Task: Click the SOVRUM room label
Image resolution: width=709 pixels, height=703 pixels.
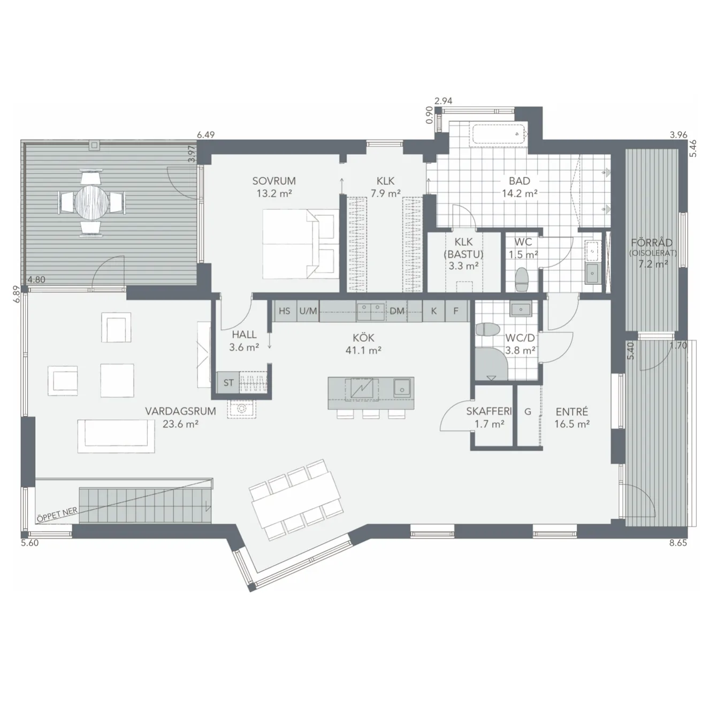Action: point(274,181)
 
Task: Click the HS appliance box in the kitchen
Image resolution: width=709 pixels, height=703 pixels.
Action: point(285,311)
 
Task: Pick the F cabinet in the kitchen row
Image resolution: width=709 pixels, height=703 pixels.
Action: point(456,311)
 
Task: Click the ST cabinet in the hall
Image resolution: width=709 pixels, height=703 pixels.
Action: point(228,383)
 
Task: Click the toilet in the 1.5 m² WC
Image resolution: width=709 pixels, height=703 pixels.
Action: point(522,279)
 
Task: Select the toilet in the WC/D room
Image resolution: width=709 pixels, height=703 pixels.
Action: point(487,329)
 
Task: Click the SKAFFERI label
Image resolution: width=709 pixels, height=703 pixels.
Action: point(489,411)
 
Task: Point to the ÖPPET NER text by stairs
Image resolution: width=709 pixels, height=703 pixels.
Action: point(57,515)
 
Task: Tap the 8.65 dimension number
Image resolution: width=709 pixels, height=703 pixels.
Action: point(678,543)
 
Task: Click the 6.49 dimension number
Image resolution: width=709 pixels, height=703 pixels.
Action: point(205,135)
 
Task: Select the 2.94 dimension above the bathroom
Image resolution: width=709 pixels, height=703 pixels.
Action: point(443,101)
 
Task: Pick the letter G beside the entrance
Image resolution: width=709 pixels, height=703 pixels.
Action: point(528,412)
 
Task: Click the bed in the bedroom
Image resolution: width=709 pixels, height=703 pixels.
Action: point(301,244)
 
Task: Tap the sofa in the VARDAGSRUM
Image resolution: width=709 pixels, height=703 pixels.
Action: point(116,436)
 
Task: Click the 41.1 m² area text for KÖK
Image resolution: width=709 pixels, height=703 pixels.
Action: point(363,350)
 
